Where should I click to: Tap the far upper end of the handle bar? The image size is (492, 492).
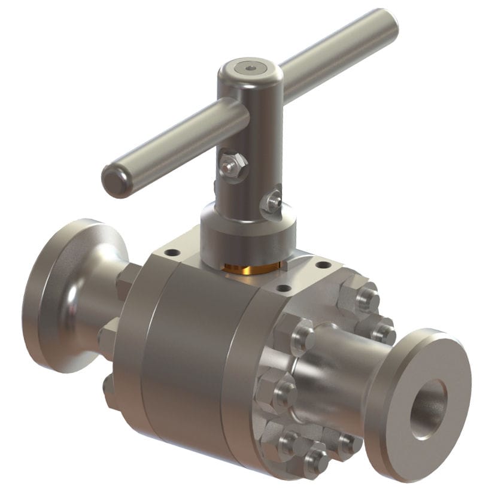pos(386,23)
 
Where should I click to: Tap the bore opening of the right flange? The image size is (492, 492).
pos(427,408)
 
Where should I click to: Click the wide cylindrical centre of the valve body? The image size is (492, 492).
pos(180,359)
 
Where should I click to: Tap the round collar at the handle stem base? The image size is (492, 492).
pos(245,236)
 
